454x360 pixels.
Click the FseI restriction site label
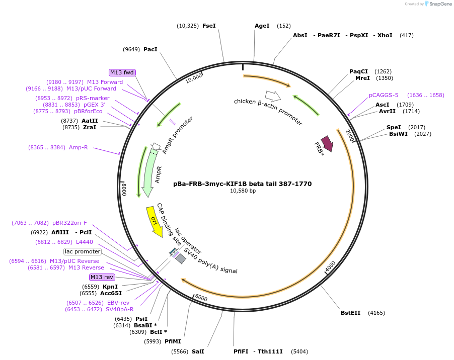click(x=209, y=26)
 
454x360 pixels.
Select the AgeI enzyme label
click(x=262, y=26)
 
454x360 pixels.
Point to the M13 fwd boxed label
click(x=122, y=72)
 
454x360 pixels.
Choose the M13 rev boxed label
click(x=102, y=277)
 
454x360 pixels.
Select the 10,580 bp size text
click(x=243, y=191)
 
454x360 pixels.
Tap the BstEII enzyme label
click(x=350, y=313)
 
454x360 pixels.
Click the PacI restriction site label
click(x=150, y=49)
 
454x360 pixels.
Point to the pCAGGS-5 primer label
click(x=384, y=95)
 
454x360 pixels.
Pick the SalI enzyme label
click(x=198, y=351)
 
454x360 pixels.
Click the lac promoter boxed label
click(x=83, y=251)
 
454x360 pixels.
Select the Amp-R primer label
click(x=79, y=147)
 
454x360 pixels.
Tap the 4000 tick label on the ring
click(x=330, y=266)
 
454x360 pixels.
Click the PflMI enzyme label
click(x=173, y=341)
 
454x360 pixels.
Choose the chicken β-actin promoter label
click(x=268, y=112)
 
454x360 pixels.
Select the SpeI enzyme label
click(x=394, y=127)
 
